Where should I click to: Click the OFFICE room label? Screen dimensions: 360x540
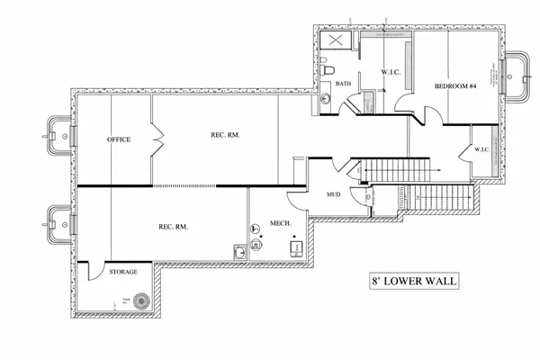coord(119,140)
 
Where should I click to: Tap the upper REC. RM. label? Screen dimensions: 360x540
coord(225,135)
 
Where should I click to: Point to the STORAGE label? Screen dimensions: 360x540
coord(122,270)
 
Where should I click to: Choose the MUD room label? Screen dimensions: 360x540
coord(333,193)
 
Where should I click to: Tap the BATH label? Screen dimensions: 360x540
coord(343,85)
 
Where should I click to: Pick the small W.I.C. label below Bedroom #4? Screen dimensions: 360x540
coord(479,149)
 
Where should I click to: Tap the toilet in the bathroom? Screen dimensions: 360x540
coord(328,69)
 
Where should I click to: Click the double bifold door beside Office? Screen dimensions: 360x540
coord(158,140)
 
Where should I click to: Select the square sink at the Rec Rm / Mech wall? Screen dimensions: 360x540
coord(240,252)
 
